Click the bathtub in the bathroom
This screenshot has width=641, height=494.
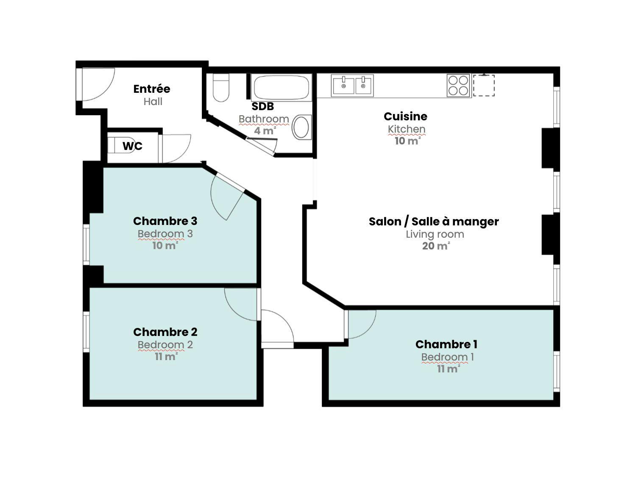click(281, 88)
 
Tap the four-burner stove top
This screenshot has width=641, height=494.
click(458, 86)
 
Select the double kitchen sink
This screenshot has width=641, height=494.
click(352, 86)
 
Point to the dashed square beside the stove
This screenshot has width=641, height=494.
click(484, 85)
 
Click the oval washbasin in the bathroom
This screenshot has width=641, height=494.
click(301, 128)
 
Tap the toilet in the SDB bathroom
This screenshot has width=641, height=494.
click(220, 88)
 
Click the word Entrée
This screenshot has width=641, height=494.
click(152, 89)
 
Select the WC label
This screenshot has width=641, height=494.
click(132, 146)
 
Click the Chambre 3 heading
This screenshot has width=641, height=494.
click(165, 221)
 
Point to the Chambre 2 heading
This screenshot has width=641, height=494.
click(165, 332)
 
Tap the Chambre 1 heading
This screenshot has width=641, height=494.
click(446, 344)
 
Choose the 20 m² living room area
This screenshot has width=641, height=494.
click(436, 246)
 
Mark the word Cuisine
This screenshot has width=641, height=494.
click(405, 117)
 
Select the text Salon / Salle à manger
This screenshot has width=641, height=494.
click(434, 221)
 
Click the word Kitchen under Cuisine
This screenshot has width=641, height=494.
click(407, 129)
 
